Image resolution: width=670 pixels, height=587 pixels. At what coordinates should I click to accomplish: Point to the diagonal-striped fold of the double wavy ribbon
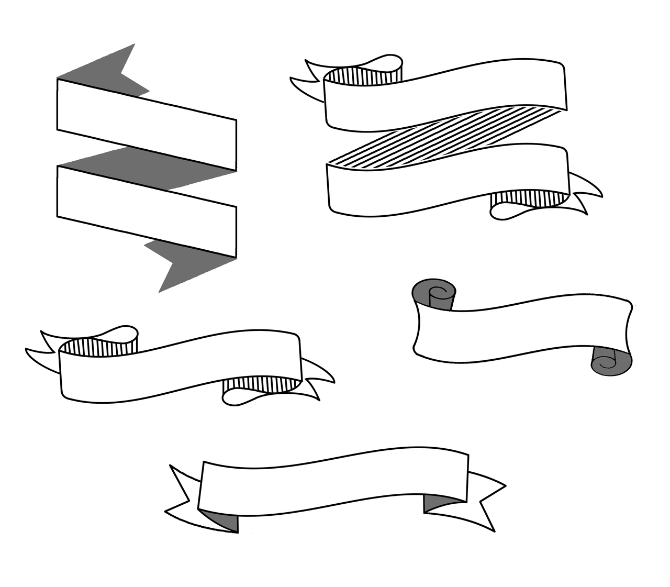click(x=445, y=136)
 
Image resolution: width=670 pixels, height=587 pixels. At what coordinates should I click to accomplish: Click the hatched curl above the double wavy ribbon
click(x=361, y=76)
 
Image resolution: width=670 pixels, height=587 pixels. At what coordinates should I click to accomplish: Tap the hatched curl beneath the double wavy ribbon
click(x=529, y=199)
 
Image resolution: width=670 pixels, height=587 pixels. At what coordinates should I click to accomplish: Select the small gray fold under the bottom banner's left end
click(x=225, y=522)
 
